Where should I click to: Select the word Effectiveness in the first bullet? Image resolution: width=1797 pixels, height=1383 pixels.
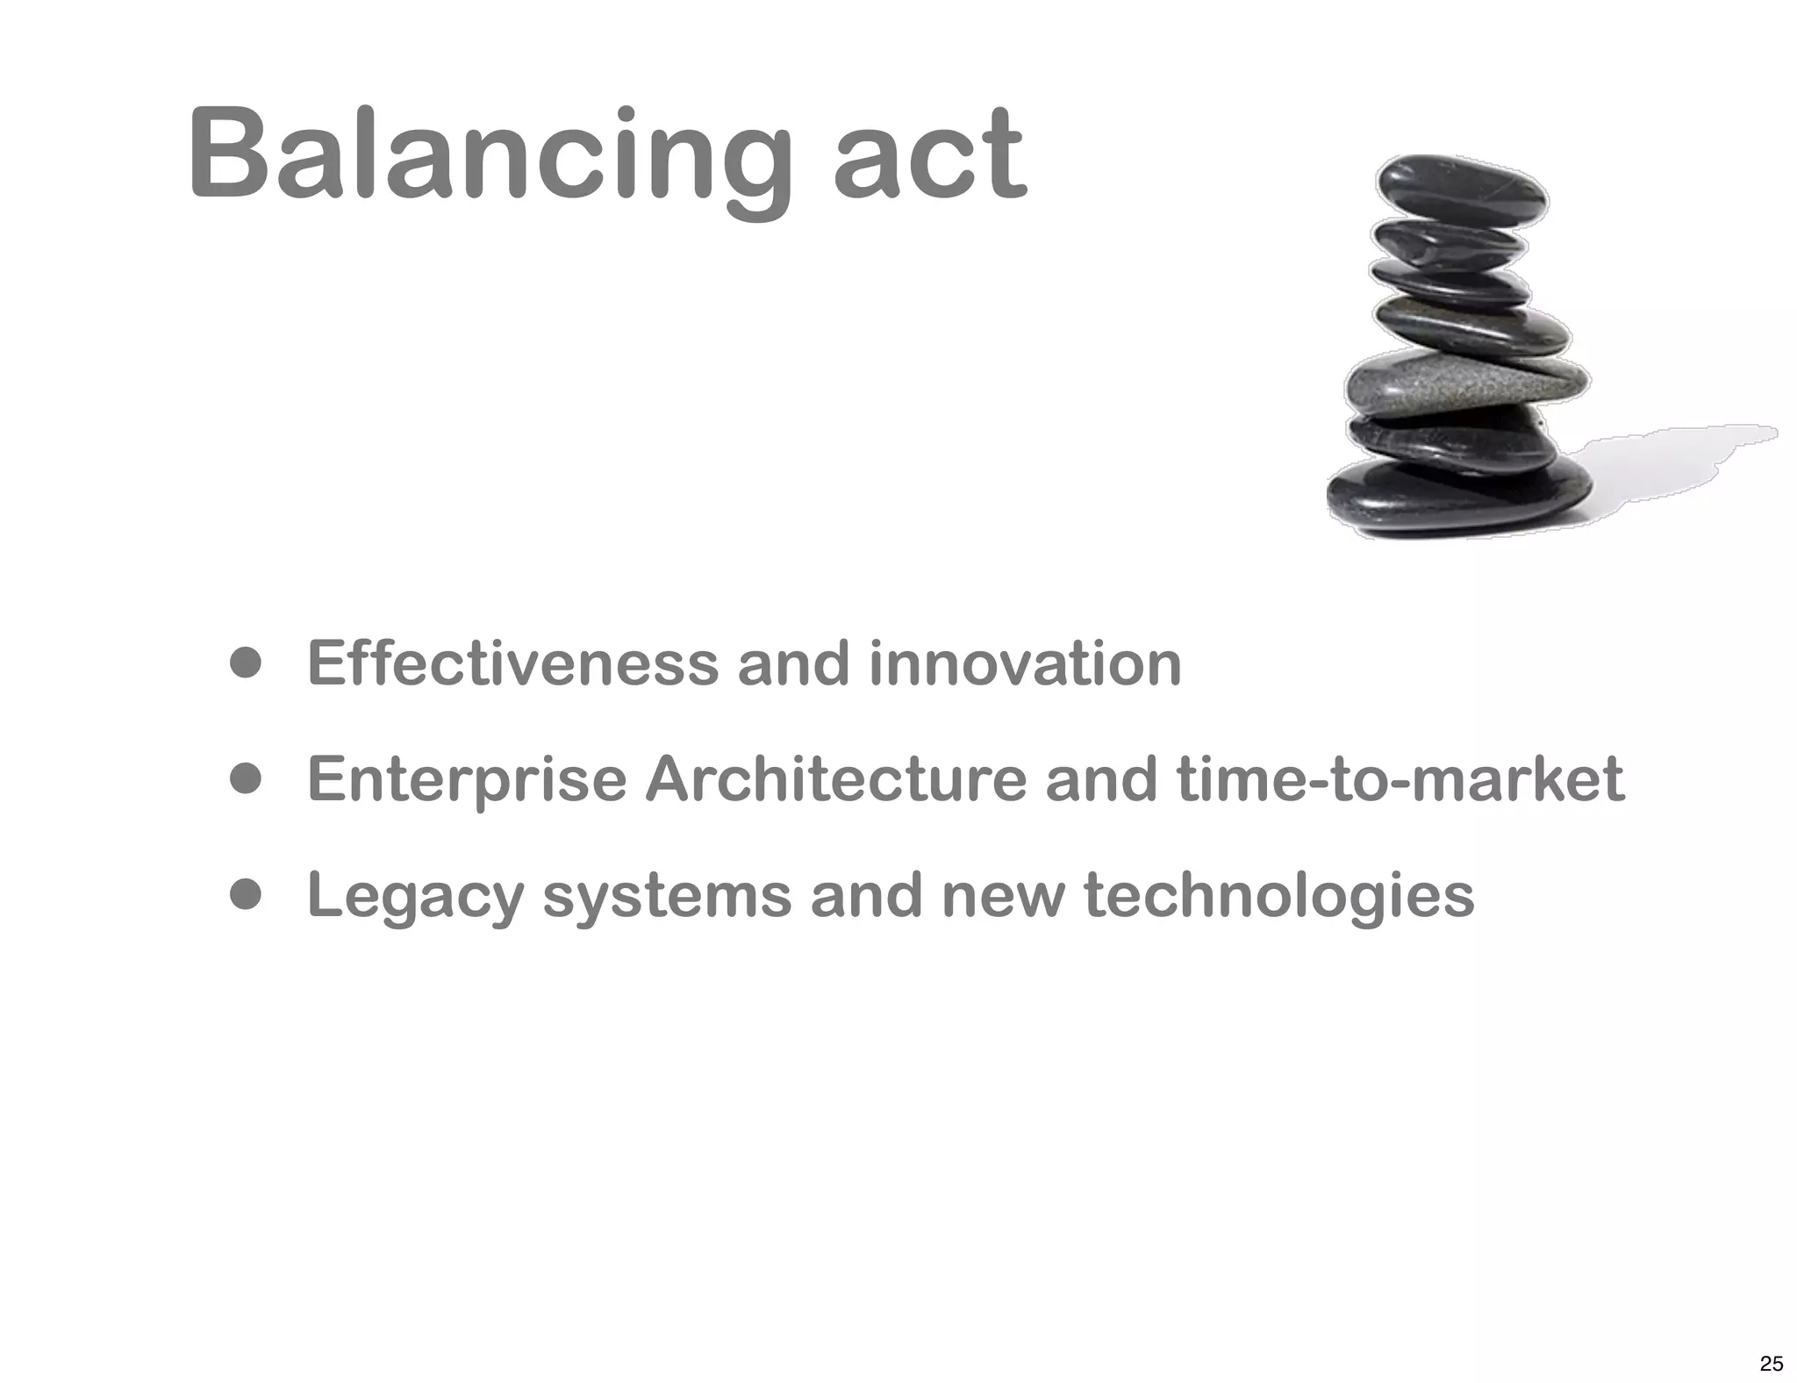513,663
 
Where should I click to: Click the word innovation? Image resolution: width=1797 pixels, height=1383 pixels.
1025,663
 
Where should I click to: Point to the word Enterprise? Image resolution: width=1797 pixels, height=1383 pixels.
467,779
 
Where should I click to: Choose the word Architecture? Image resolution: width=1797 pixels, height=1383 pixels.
835,779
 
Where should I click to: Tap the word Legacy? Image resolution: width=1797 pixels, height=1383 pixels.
415,897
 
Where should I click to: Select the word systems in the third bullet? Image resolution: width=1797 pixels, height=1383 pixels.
667,897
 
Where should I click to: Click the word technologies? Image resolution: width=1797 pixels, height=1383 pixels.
1279,897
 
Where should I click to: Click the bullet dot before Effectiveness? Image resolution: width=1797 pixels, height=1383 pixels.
247,663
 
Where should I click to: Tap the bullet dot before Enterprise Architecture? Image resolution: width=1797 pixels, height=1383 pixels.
247,779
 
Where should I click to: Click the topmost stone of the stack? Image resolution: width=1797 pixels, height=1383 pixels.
1461,187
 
